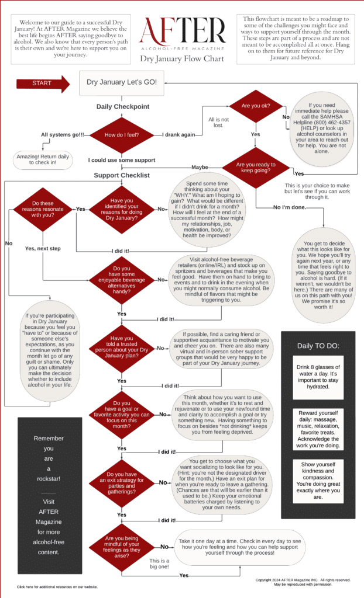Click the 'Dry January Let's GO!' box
(121, 82)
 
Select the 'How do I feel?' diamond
(121, 135)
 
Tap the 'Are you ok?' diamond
(255, 107)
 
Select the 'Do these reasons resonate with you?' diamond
(43, 208)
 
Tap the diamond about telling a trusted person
(121, 346)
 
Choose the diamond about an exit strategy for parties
(121, 483)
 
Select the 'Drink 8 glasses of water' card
(318, 377)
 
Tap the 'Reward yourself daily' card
(318, 429)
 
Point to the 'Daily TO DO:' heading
(318, 346)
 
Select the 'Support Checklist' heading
(122, 175)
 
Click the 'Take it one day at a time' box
(256, 547)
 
